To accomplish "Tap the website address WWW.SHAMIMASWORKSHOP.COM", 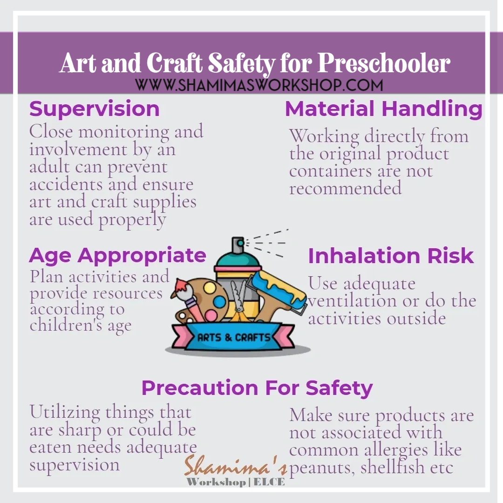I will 259,85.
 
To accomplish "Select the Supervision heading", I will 95,109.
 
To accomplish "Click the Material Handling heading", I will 384,109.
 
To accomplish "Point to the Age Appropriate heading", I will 117,256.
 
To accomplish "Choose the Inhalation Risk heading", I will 391,256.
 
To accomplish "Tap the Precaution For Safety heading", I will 257,388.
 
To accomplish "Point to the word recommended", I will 345,188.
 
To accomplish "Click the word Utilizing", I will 65,413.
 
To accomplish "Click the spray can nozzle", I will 238,243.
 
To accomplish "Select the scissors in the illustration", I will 239,303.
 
